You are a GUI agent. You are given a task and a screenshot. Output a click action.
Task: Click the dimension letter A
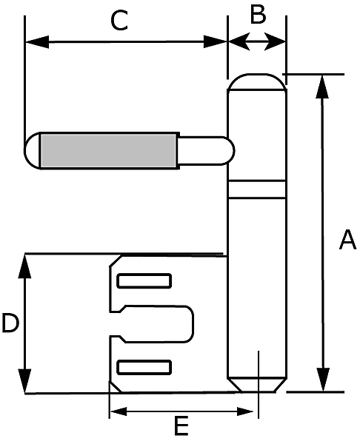tap(347, 240)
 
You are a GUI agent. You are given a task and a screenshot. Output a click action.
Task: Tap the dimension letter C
tap(119, 20)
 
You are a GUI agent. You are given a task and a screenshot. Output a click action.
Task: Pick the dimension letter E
tap(181, 425)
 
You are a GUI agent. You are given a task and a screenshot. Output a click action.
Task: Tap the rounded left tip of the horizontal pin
tap(32, 150)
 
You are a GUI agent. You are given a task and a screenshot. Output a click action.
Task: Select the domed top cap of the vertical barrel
tap(257, 82)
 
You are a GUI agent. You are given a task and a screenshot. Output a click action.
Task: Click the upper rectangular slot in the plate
tap(144, 280)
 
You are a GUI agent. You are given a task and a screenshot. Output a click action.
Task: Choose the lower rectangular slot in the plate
tap(144, 367)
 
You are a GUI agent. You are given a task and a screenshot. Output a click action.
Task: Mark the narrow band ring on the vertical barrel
tap(257, 189)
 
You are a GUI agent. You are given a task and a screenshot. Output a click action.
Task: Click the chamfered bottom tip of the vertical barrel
tap(257, 385)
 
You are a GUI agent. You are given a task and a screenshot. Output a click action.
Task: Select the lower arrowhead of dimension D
tap(25, 381)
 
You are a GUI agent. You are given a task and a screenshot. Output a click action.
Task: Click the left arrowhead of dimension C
tap(37, 42)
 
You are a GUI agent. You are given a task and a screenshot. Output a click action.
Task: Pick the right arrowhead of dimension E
tap(245, 411)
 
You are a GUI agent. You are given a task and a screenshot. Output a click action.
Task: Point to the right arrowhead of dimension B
tap(275, 42)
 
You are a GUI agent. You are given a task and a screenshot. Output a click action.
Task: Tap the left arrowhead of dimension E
tap(119, 411)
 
